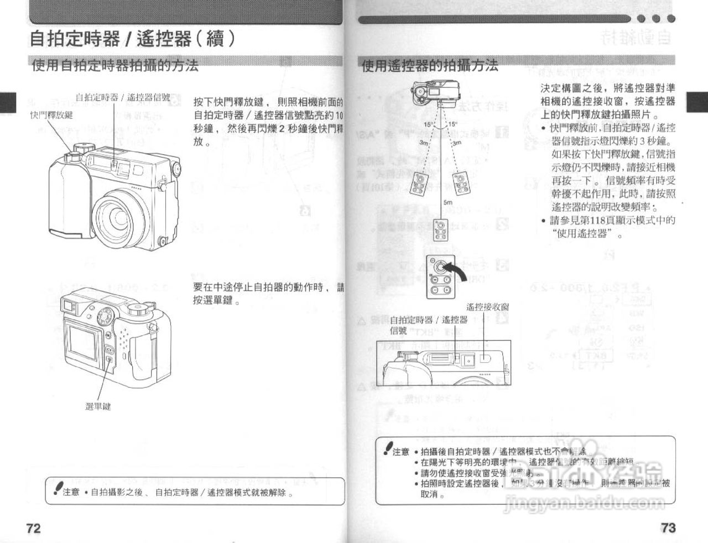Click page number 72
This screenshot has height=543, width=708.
[33, 528]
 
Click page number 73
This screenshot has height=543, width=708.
[668, 528]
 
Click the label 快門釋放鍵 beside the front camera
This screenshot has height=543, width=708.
[51, 114]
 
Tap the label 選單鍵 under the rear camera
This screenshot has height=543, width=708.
[98, 406]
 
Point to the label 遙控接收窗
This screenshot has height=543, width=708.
[487, 307]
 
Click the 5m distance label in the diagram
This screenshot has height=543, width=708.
[448, 202]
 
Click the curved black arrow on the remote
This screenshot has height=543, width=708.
[458, 271]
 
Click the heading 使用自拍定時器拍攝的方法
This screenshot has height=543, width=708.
[115, 66]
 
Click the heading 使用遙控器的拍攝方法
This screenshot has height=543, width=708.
[429, 66]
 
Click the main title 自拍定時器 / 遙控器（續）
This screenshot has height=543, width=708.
[133, 38]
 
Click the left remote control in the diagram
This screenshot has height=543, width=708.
[418, 183]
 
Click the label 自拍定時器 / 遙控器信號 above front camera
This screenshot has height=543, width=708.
[122, 97]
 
